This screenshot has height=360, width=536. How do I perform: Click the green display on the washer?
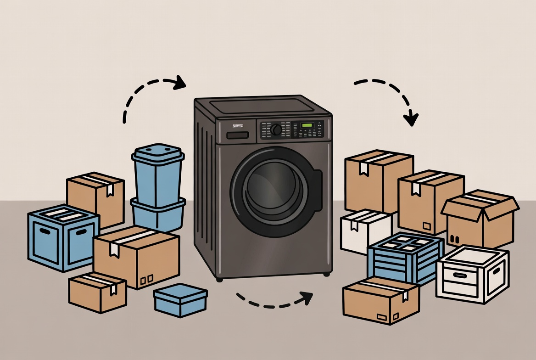click(307, 125)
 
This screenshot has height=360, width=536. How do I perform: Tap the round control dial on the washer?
click(276, 130)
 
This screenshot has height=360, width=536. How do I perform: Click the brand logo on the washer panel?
click(238, 125)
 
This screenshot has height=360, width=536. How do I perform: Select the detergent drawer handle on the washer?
click(238, 135)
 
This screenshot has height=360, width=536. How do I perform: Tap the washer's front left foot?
click(220, 279)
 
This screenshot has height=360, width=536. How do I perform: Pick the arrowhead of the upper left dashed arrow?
click(181, 84)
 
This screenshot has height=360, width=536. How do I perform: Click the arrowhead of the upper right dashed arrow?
click(411, 120)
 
